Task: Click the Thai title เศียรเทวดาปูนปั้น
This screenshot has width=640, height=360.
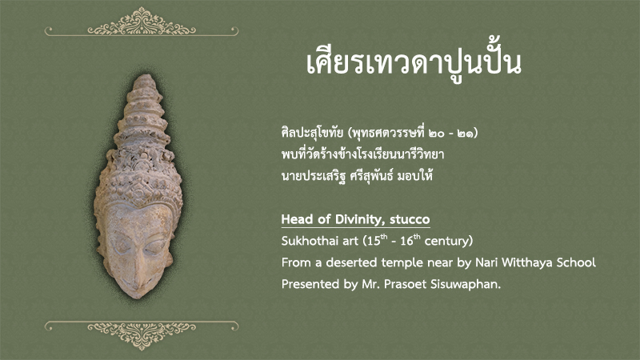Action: (x=414, y=63)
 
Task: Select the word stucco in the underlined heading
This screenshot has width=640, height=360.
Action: (x=410, y=219)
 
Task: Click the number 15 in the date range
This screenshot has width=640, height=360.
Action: (x=374, y=241)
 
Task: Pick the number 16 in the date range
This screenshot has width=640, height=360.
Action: (x=407, y=241)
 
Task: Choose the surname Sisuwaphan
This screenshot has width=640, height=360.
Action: (x=466, y=285)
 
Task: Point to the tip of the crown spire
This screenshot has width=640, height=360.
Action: (x=145, y=74)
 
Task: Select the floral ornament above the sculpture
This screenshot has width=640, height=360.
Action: (x=142, y=22)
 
